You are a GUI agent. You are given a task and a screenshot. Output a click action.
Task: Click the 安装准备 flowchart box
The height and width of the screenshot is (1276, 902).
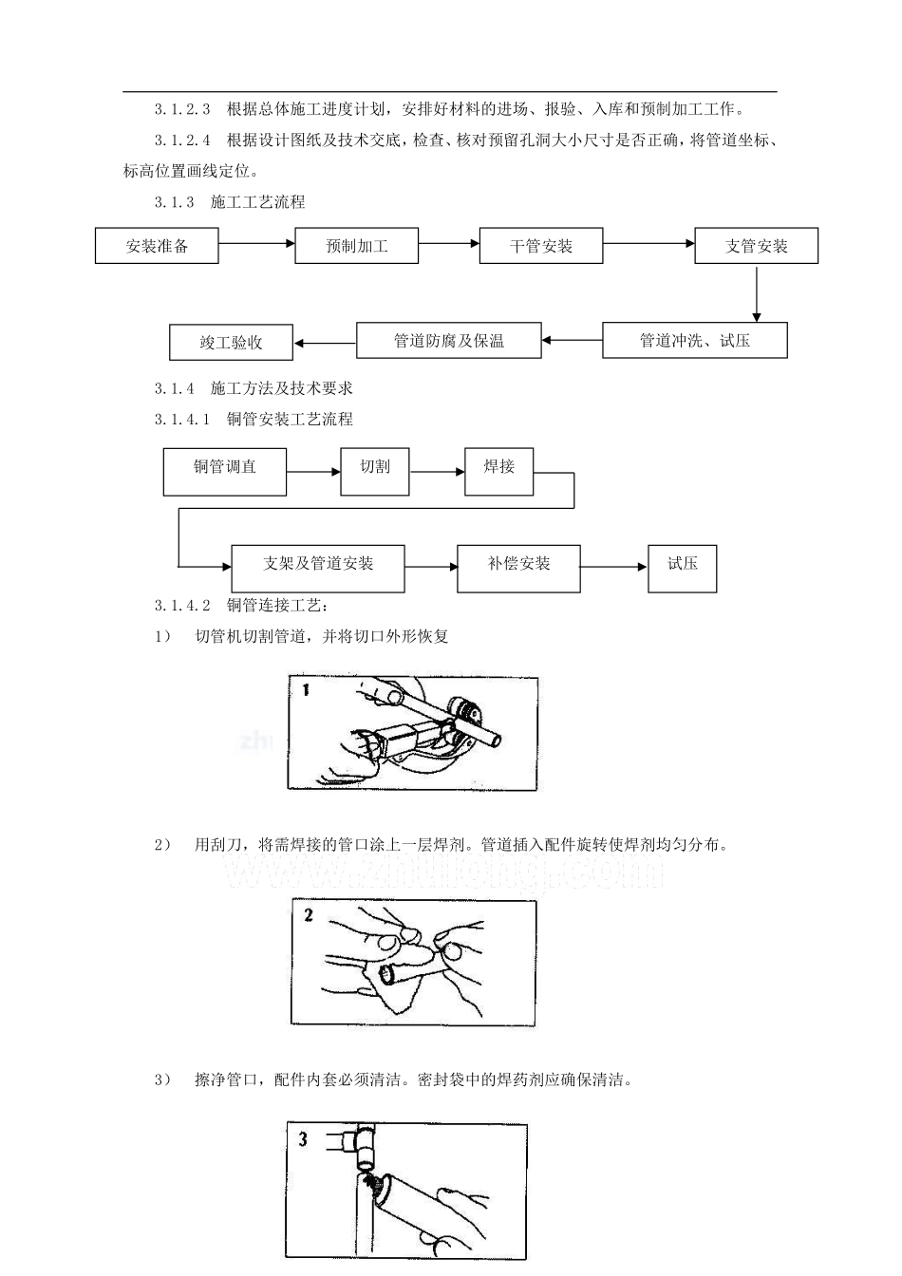click(157, 246)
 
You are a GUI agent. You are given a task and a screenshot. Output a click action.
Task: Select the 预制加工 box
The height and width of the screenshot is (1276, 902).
click(357, 246)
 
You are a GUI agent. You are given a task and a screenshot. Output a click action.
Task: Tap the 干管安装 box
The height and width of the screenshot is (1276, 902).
click(541, 246)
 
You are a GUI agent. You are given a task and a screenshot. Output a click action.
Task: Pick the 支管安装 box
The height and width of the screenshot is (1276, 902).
click(756, 246)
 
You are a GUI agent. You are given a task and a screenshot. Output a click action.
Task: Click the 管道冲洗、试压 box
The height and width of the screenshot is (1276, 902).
click(695, 340)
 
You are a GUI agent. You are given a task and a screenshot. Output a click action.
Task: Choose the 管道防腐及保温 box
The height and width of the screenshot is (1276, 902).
click(449, 340)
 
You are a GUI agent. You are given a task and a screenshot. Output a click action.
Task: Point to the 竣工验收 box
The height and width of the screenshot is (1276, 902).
click(232, 343)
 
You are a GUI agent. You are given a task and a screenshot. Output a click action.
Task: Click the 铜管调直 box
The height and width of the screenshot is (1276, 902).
click(225, 472)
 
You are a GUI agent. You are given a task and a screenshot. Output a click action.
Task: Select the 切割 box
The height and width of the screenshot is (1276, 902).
click(375, 472)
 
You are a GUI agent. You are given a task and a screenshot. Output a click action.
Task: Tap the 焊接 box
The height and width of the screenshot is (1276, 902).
click(499, 472)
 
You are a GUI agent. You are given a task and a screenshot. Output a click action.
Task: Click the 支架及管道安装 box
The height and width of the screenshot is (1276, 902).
click(318, 569)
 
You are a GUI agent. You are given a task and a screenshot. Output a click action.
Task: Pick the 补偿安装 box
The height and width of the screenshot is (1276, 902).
click(519, 569)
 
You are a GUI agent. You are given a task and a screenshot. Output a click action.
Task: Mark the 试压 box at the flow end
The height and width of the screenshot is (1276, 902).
click(683, 569)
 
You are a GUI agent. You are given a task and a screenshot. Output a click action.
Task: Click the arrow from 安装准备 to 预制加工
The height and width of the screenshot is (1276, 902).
click(256, 243)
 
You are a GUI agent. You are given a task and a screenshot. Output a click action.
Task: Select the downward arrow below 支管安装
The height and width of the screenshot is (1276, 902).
click(757, 294)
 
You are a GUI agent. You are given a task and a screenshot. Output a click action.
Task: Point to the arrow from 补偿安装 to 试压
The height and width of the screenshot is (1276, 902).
click(613, 567)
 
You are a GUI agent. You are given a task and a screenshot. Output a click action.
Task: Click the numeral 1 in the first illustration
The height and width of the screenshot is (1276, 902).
click(306, 690)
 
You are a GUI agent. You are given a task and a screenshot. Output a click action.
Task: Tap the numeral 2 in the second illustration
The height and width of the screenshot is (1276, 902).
click(309, 915)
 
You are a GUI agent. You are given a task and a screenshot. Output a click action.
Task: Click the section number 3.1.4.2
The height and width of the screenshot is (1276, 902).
click(182, 606)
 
